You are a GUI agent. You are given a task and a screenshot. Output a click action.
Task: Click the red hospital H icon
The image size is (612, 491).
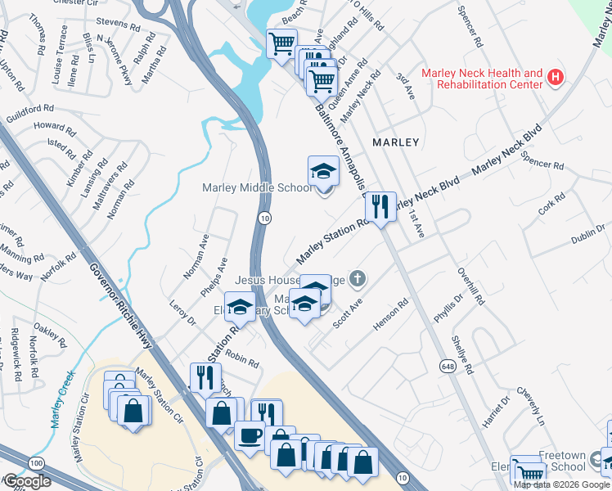coord(556,79)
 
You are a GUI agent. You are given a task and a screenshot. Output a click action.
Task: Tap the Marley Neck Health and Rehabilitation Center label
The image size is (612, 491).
coord(481,79)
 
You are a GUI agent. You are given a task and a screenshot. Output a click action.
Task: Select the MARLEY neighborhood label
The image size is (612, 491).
coord(395,142)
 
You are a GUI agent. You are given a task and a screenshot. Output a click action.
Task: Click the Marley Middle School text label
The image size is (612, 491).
coord(257,188)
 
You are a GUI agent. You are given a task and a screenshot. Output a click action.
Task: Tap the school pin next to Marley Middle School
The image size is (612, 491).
coord(323,173)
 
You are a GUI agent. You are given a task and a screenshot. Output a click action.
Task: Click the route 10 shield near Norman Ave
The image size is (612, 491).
coord(264,218)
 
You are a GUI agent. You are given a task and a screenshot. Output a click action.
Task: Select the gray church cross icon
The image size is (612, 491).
coord(356,280)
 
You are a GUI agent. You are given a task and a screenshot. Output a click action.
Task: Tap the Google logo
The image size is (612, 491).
coord(26,481)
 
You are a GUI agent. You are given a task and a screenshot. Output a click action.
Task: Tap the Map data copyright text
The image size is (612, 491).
coord(561,484)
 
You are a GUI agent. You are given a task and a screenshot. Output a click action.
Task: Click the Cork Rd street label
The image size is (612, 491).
coord(553,204)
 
